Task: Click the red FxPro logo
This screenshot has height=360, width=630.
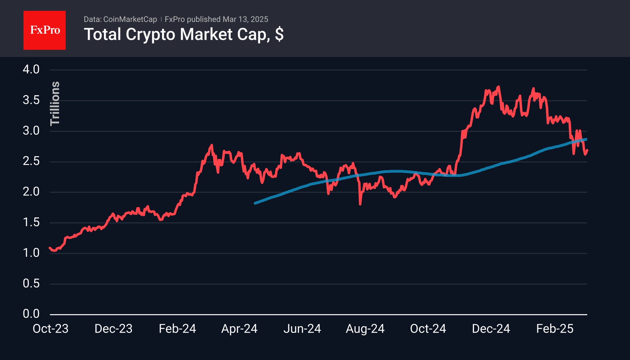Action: pos(45,30)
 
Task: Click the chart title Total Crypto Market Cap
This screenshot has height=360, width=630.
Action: pos(183,34)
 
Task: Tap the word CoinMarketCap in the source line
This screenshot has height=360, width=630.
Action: pos(130,19)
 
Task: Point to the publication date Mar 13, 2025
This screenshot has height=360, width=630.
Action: pos(245,19)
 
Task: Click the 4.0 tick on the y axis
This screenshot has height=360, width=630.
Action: pos(31,70)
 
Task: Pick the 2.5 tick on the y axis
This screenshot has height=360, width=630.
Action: pos(31,161)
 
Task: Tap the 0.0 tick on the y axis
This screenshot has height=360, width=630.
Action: pos(31,314)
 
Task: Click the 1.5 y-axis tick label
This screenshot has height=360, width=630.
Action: pos(31,222)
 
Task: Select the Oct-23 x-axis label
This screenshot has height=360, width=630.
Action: pos(51,329)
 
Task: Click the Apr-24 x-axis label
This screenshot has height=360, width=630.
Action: pos(239,329)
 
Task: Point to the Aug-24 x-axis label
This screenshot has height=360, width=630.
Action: pos(365,329)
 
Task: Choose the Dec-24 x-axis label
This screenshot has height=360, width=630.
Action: pos(491,329)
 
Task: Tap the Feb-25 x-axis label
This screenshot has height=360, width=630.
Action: pos(555,329)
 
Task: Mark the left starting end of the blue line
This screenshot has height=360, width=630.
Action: pos(255,203)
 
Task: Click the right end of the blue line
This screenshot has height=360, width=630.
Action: pos(586,139)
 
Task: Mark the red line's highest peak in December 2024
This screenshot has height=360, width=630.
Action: pos(499,87)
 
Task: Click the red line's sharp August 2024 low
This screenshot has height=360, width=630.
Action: pos(360,204)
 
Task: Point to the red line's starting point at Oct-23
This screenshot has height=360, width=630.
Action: pos(50,248)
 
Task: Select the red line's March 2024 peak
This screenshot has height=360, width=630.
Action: pos(212,145)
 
